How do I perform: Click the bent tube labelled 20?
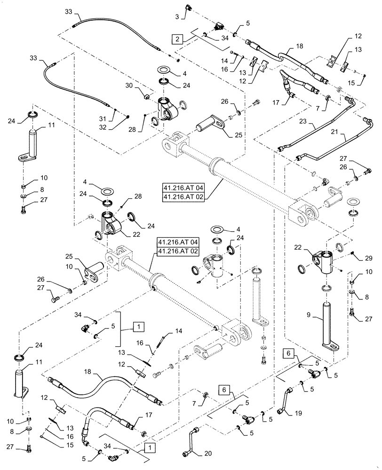(x=187, y=441)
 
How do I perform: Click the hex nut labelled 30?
(x=146, y=96)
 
